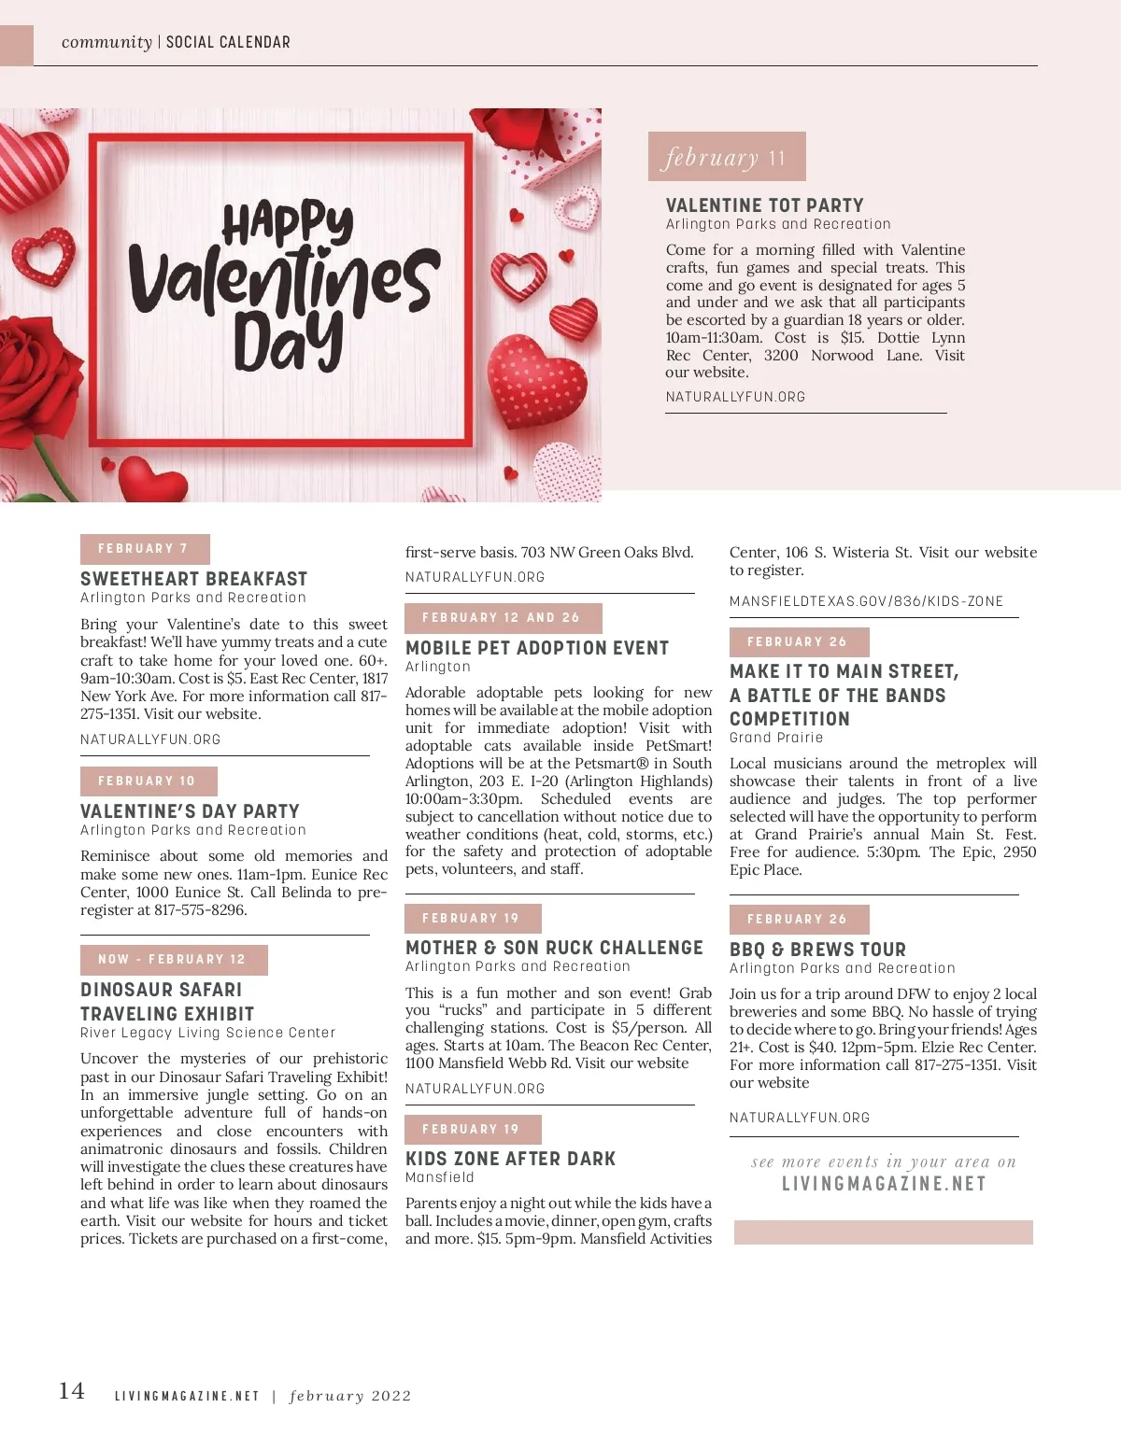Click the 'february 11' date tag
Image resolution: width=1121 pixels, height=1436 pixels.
(726, 157)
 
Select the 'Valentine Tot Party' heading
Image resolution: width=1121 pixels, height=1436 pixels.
(764, 205)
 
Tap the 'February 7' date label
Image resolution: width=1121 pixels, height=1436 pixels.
(144, 549)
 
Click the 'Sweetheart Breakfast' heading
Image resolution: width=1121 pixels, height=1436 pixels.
(193, 579)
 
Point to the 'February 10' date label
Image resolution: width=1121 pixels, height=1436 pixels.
(148, 781)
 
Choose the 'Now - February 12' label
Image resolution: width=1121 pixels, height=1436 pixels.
(173, 960)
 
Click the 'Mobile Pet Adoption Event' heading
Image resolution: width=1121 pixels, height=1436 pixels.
(537, 648)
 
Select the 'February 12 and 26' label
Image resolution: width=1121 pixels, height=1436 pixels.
(502, 618)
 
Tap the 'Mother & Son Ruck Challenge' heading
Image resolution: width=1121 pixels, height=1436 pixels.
(554, 948)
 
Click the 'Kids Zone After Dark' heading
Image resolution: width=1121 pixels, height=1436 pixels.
(510, 1159)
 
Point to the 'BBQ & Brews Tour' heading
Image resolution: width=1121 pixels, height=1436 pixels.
(817, 950)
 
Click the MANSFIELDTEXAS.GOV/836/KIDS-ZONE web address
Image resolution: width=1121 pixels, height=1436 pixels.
(866, 601)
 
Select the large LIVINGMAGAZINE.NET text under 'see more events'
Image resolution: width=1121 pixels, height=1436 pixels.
(884, 1184)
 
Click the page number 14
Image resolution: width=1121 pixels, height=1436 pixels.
(72, 1391)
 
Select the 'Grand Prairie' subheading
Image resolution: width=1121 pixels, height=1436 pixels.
(776, 738)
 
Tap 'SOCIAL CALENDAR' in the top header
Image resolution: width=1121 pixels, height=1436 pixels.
(228, 42)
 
